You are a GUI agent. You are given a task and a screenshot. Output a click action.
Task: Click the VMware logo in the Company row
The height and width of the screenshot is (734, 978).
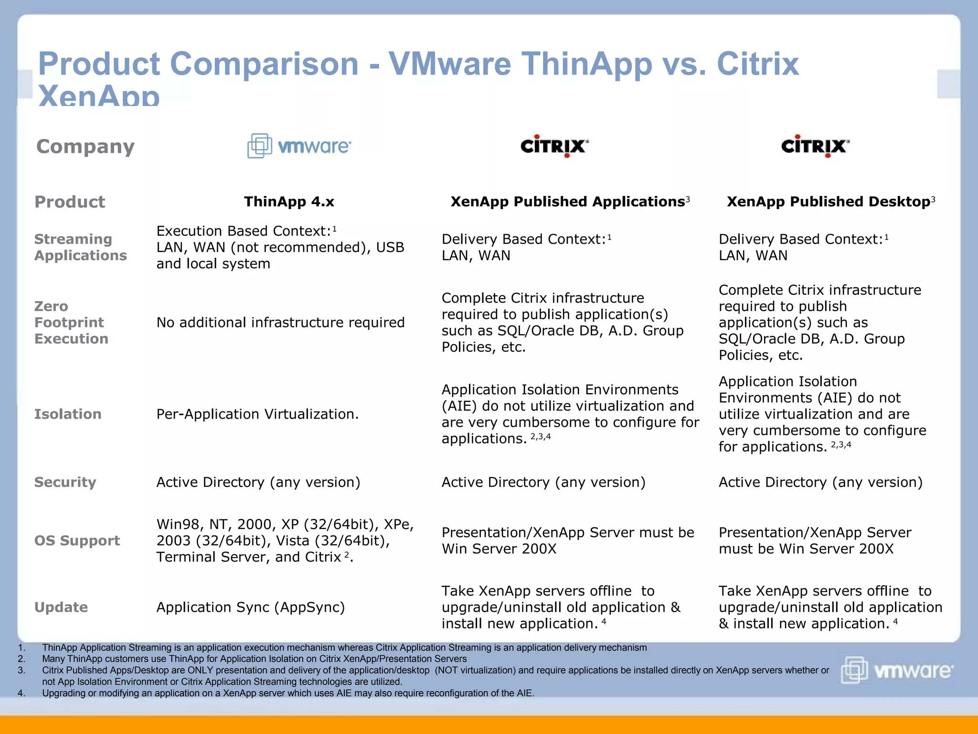299,146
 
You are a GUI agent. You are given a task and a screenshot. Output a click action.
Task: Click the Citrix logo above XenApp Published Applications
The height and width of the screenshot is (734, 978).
554,146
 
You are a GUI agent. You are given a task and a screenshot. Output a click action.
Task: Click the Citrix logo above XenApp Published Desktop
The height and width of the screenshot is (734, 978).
815,146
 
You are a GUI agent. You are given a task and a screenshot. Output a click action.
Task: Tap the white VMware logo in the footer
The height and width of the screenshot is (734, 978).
897,670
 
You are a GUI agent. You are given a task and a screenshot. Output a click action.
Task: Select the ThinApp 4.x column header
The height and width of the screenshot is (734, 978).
289,202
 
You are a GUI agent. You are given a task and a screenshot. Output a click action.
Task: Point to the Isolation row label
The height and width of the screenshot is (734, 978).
68,414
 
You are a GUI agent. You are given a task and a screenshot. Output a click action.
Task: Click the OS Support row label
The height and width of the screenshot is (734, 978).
77,540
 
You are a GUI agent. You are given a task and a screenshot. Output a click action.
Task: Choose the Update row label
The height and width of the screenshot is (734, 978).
61,607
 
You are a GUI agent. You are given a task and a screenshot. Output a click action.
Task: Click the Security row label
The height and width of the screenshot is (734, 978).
65,482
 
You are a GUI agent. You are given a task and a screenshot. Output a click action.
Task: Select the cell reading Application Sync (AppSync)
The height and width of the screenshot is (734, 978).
251,607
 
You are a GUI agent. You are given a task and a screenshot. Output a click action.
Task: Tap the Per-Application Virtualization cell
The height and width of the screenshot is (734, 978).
257,414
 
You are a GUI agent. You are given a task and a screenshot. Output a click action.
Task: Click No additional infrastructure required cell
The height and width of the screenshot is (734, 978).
280,323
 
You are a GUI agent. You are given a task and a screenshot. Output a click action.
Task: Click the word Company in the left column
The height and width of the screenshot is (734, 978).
85,146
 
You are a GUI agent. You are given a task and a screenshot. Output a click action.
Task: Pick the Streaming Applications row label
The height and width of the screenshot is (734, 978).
80,247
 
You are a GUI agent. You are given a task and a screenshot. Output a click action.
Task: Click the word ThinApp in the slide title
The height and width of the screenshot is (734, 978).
586,64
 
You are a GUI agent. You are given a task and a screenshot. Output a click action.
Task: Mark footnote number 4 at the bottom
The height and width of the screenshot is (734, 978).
21,693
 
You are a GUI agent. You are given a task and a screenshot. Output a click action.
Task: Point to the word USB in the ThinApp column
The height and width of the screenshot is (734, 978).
390,247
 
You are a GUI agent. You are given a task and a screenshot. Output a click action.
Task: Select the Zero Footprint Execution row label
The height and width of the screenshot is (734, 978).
71,323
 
